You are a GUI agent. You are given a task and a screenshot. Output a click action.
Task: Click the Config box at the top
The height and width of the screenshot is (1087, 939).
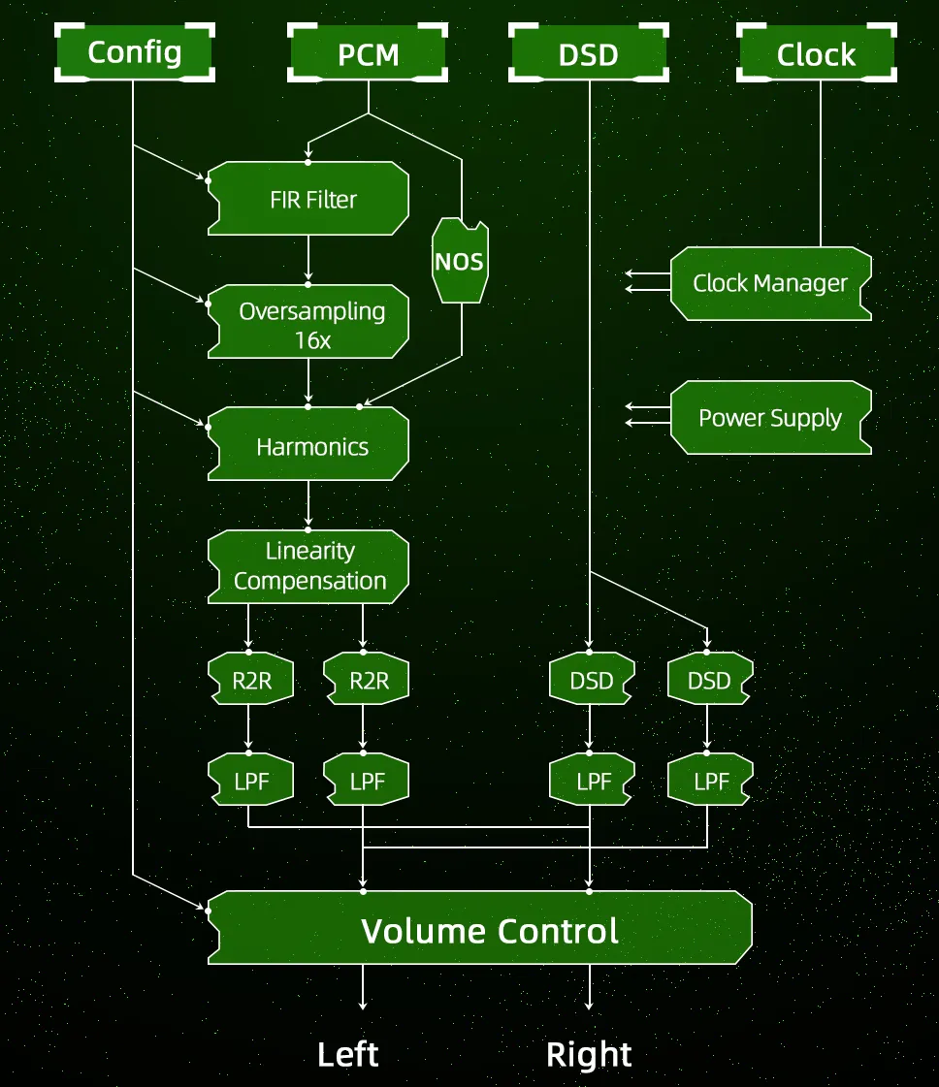tap(135, 52)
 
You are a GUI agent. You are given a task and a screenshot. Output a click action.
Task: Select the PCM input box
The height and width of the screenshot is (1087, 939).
tap(368, 52)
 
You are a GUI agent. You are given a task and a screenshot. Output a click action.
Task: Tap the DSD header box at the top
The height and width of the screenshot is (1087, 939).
tap(589, 52)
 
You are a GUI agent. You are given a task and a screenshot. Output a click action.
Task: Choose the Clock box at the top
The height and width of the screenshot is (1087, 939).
tap(816, 52)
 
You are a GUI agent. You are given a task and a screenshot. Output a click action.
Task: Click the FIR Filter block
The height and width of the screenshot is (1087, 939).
tap(308, 199)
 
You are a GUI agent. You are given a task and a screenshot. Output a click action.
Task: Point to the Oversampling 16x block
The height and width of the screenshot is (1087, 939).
tap(308, 322)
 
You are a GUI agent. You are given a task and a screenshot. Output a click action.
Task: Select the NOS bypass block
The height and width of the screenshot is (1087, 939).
tap(460, 261)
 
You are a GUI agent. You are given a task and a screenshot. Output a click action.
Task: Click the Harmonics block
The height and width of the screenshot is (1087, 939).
tap(308, 444)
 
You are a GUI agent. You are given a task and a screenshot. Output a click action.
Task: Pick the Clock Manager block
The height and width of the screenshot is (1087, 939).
tap(771, 283)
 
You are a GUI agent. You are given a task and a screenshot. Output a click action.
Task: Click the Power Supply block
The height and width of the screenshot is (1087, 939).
tap(771, 417)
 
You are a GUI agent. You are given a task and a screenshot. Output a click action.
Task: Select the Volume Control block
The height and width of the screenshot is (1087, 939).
tap(480, 928)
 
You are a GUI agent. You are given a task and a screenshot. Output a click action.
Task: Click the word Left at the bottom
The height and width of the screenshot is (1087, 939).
tap(348, 1054)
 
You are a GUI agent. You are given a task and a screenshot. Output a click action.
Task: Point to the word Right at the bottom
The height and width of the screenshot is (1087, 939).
tap(589, 1055)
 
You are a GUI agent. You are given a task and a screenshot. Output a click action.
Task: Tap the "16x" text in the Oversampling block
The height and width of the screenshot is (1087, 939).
tap(312, 340)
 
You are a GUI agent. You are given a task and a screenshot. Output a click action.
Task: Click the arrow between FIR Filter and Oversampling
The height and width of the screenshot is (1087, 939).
tap(308, 259)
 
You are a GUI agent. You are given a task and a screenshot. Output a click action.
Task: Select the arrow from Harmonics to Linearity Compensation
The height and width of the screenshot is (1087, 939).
tap(308, 504)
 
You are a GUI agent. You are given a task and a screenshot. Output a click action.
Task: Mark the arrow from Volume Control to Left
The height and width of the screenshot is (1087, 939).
tap(363, 987)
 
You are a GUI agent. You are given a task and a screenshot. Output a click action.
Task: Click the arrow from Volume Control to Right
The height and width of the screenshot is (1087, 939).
tap(590, 987)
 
